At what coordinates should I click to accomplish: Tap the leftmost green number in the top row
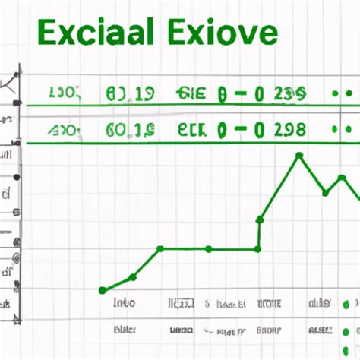tap(63, 93)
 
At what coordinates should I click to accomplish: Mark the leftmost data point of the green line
tap(103, 290)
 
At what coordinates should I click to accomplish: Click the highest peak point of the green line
tap(299, 156)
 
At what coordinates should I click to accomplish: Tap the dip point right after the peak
tap(326, 192)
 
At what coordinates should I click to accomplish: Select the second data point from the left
tap(133, 276)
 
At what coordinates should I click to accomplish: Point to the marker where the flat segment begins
tap(160, 248)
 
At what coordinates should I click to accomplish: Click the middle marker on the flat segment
tap(209, 248)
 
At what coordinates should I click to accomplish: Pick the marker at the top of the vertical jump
tap(260, 219)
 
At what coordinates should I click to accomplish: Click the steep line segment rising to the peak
tap(279, 188)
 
